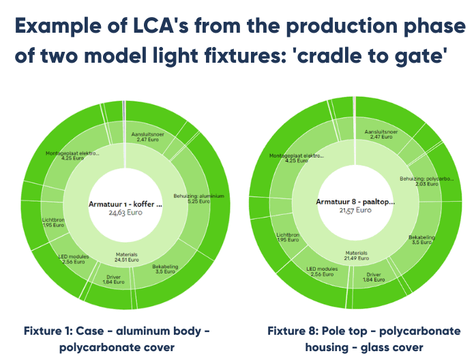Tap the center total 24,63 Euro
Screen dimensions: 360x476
pos(125,212)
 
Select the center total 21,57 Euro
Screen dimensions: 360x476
pos(355,211)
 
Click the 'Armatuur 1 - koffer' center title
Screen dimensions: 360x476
pos(125,204)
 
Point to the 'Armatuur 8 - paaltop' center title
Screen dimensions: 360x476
pos(355,202)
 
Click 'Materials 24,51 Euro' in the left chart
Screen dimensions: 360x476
pos(128,257)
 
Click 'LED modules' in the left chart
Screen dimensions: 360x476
pos(70,258)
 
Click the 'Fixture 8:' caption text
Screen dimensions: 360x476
pos(293,331)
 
